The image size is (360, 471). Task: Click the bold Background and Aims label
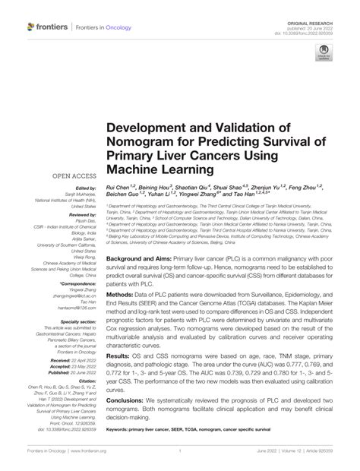click(146, 259)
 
